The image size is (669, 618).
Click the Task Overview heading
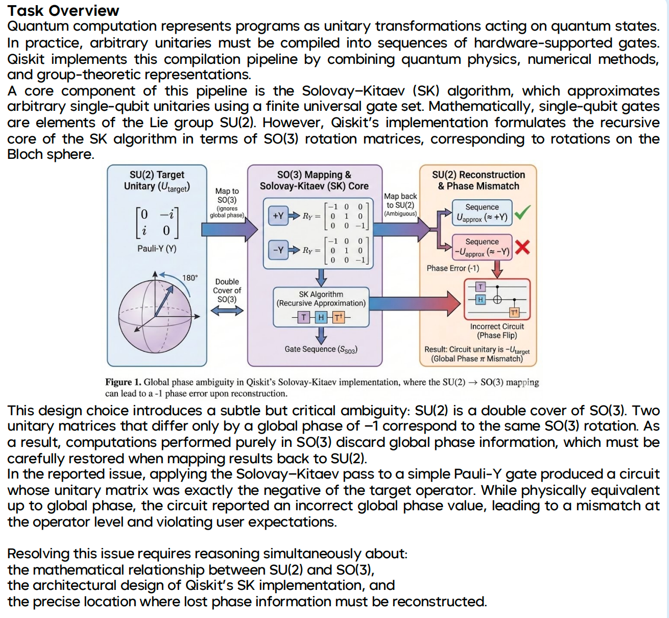[63, 10]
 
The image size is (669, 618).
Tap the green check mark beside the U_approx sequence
[522, 212]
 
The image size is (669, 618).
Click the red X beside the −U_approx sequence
[522, 247]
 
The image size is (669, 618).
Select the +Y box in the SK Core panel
[278, 216]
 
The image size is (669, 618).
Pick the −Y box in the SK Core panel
[278, 250]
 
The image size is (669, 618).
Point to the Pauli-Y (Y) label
[157, 249]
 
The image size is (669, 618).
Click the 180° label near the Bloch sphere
[189, 278]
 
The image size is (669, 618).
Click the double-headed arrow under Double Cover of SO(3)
[227, 311]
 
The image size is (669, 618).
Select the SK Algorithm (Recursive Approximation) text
[321, 299]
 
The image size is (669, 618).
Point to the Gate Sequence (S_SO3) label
[321, 349]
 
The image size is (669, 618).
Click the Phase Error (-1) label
[452, 268]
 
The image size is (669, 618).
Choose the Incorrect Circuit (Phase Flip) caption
[497, 331]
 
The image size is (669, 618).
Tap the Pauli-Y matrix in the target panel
[157, 222]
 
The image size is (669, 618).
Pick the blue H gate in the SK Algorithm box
[321, 317]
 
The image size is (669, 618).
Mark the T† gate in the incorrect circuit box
[514, 313]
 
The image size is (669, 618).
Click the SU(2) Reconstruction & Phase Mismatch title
[478, 180]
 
